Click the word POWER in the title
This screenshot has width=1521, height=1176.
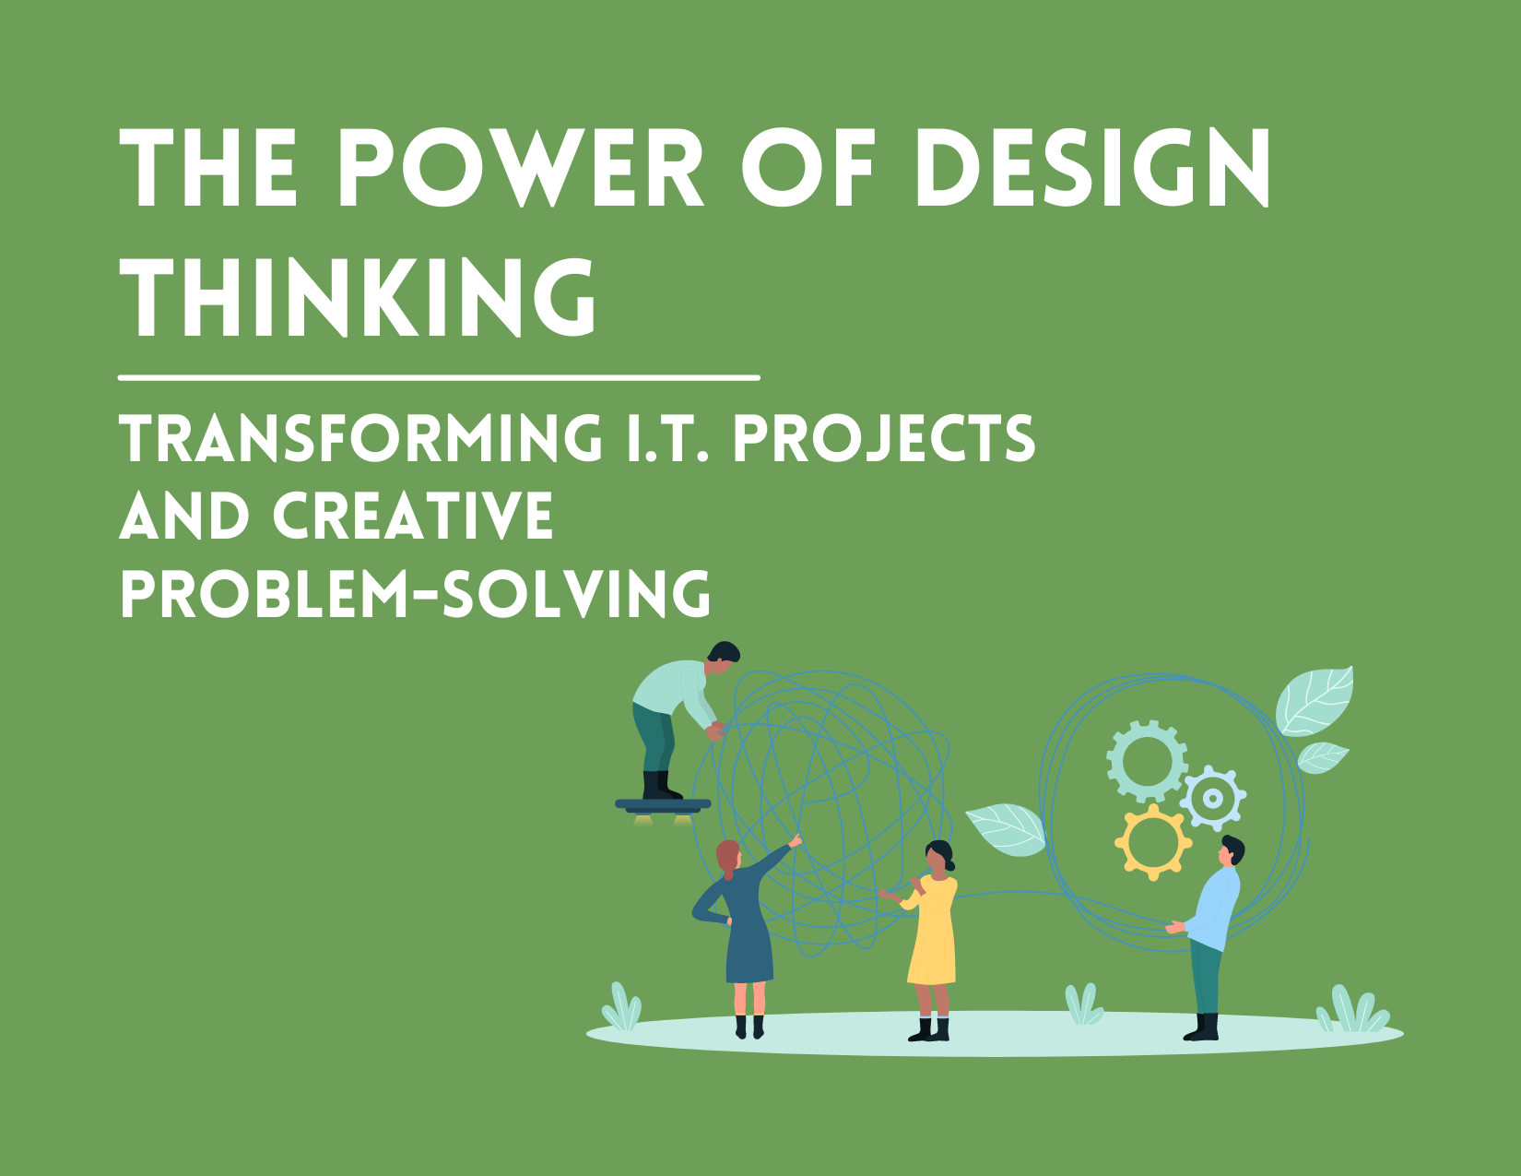tap(521, 169)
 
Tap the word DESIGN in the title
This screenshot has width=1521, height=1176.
tap(1092, 169)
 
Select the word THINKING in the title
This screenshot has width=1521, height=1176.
tap(360, 297)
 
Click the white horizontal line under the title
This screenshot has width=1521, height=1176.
tap(439, 377)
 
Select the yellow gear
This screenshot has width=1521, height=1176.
tap(1152, 841)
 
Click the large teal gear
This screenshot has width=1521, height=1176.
tap(1146, 761)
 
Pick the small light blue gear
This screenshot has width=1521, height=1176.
tap(1213, 798)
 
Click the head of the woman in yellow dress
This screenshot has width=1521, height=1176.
tap(938, 856)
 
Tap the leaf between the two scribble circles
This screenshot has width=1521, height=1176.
tap(1007, 827)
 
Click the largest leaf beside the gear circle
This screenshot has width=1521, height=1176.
tap(1315, 700)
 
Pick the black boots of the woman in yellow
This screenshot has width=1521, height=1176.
tap(930, 1029)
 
